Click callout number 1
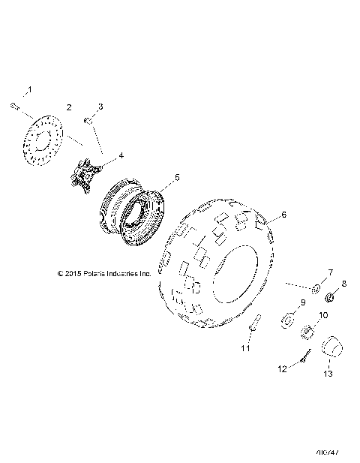tap(30, 90)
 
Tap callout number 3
tap(100, 107)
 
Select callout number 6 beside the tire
tap(283, 215)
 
